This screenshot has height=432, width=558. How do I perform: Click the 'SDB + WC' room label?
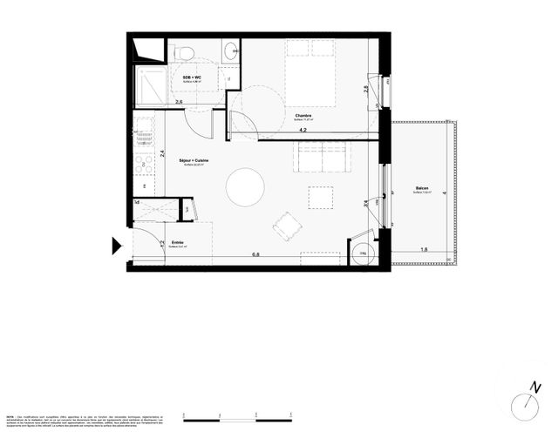tap(192, 78)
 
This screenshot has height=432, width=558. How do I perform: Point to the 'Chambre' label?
tap(303, 116)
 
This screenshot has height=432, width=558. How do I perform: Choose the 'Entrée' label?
tap(178, 243)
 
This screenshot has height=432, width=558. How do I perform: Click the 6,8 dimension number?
tap(256, 254)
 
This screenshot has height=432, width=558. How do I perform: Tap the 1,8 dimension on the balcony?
tap(424, 250)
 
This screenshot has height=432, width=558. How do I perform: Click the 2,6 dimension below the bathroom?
tap(179, 102)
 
